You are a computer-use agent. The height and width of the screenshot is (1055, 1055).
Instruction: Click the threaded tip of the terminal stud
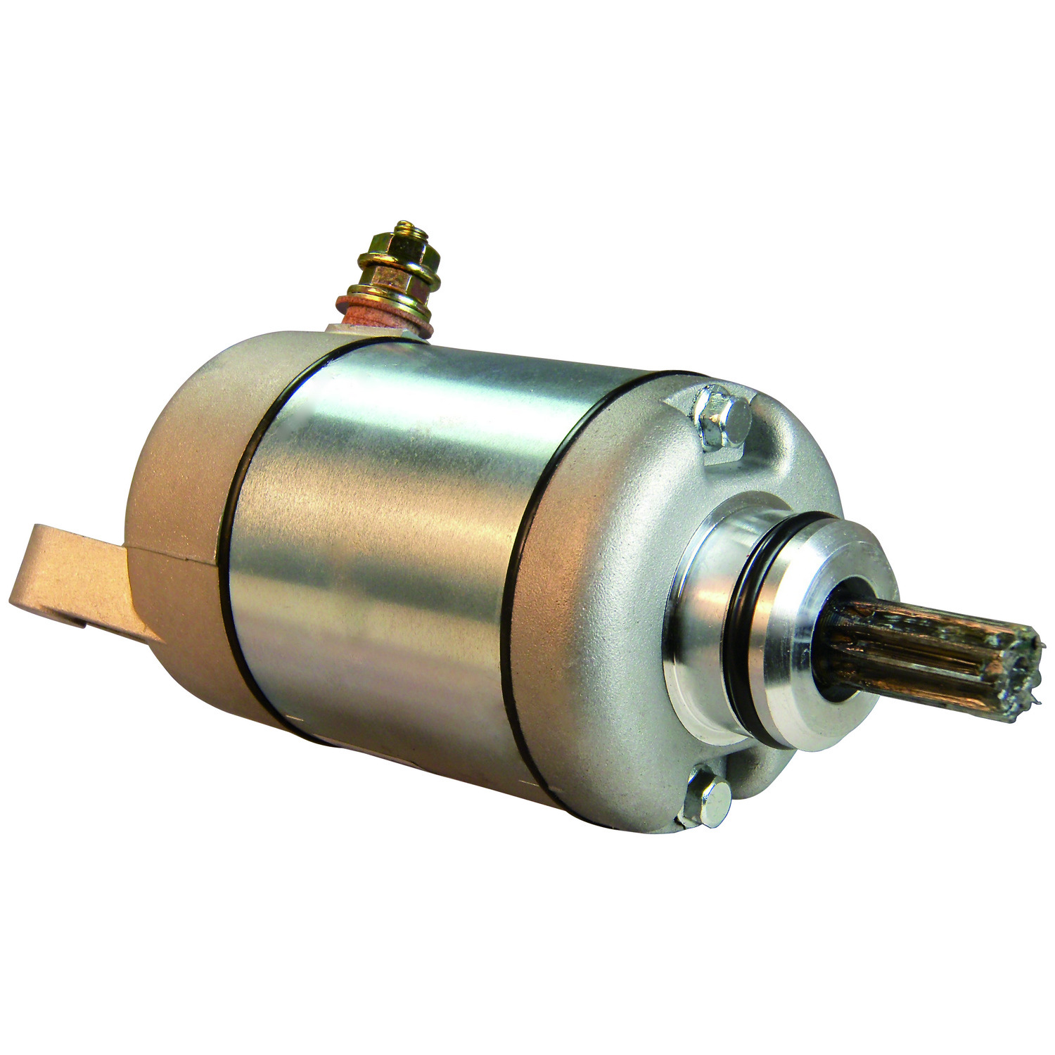point(406,229)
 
